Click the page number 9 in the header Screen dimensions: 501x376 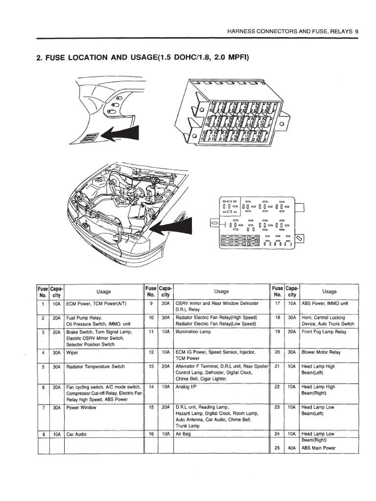tap(357, 31)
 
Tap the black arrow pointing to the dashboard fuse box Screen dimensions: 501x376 tap(120, 134)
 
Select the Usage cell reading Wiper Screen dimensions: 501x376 tap(73, 352)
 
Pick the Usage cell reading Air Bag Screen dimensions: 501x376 tap(183, 434)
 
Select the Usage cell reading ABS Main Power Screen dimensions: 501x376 tap(319, 448)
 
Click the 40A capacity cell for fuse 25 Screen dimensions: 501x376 tap(292, 448)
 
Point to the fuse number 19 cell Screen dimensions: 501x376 tap(277, 331)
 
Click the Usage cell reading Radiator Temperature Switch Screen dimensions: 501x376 tap(96, 366)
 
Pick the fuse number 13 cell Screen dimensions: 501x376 tap(151, 366)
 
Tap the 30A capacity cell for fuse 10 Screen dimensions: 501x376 tap(165, 318)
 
